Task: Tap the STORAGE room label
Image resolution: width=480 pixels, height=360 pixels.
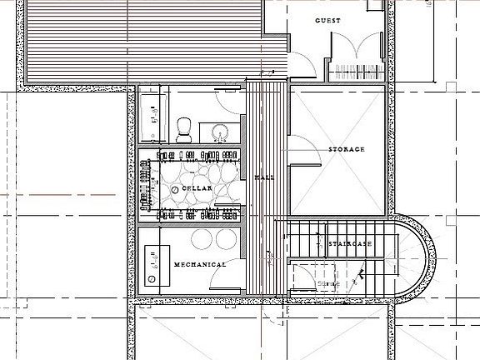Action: pyautogui.click(x=346, y=149)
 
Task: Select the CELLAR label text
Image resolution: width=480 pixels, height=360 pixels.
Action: pyautogui.click(x=197, y=191)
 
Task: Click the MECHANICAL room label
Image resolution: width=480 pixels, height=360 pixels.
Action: pyautogui.click(x=200, y=264)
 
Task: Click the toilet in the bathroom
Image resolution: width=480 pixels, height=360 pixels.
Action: pyautogui.click(x=185, y=128)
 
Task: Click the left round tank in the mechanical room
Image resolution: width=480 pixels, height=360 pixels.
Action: pyautogui.click(x=201, y=238)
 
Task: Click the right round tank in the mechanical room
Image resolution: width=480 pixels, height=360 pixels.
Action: pyautogui.click(x=226, y=238)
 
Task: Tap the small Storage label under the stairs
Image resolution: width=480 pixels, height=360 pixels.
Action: pyautogui.click(x=331, y=283)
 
